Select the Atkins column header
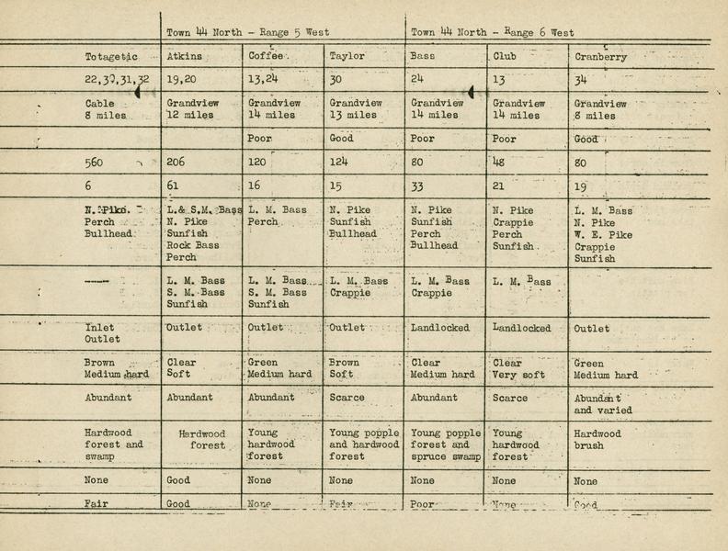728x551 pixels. click(x=185, y=56)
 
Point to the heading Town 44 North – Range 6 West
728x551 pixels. click(x=492, y=32)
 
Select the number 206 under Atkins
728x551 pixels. click(x=177, y=163)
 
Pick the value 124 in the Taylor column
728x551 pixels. click(x=340, y=163)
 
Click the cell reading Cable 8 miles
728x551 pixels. click(x=104, y=110)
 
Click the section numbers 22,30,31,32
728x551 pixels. click(x=117, y=81)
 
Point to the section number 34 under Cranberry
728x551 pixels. click(x=581, y=81)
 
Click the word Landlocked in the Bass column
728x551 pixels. click(x=440, y=328)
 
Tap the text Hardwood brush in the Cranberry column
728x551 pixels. click(x=597, y=440)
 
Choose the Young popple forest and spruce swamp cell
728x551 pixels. click(x=446, y=445)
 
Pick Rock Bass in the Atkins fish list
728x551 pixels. click(x=195, y=246)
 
